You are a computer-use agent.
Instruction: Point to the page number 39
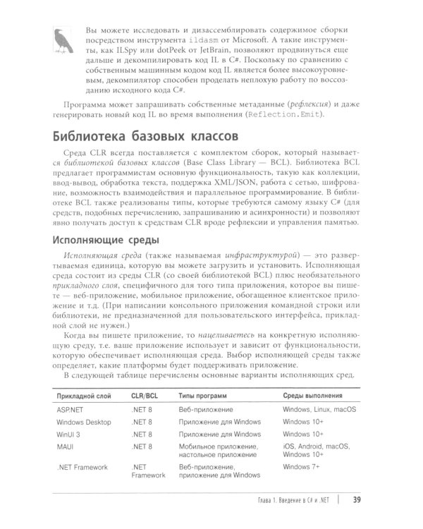357,501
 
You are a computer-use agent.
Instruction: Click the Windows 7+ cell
301,467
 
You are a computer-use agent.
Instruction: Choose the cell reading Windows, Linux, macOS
319,410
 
